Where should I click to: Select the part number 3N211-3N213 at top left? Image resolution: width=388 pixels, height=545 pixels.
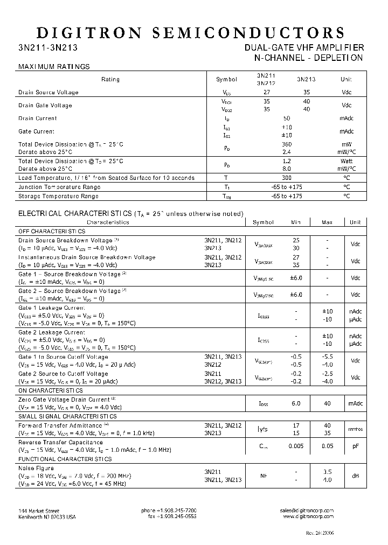(x=47, y=47)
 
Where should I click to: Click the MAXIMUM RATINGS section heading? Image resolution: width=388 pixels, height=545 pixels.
(x=54, y=67)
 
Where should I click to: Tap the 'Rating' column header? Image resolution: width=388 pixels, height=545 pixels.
(x=110, y=79)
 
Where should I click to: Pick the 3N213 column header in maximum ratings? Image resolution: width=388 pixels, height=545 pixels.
(x=306, y=79)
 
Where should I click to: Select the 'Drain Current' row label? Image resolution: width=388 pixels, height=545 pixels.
(x=38, y=118)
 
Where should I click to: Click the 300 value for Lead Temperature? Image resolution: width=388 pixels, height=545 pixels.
(x=287, y=177)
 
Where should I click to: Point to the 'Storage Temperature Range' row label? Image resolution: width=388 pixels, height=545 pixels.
(x=59, y=196)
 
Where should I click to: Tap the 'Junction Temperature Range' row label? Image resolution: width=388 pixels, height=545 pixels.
(x=59, y=187)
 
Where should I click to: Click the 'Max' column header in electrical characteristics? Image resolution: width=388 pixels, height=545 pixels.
(x=327, y=222)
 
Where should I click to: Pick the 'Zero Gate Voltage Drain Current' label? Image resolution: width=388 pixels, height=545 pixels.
(x=64, y=400)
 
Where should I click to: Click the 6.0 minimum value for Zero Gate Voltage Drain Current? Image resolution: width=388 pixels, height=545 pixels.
(x=296, y=403)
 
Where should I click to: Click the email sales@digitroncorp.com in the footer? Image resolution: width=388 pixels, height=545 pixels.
(x=307, y=511)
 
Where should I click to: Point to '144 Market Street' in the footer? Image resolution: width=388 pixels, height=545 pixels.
(x=39, y=511)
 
